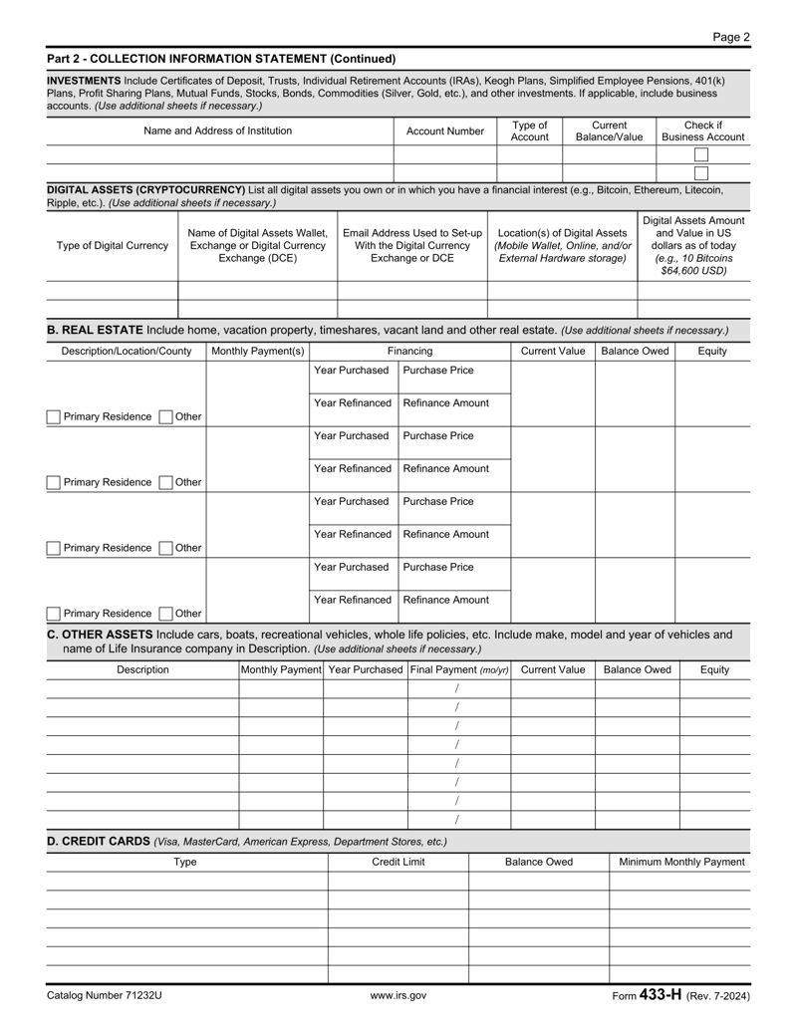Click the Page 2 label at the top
pyautogui.click(x=731, y=37)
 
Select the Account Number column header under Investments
pyautogui.click(x=444, y=130)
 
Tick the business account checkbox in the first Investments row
pyautogui.click(x=701, y=154)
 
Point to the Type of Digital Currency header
pyautogui.click(x=113, y=246)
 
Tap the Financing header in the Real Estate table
pyautogui.click(x=410, y=352)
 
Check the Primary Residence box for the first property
pyautogui.click(x=54, y=416)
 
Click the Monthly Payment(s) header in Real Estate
pyautogui.click(x=258, y=352)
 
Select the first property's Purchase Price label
pyautogui.click(x=437, y=371)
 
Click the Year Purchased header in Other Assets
pyautogui.click(x=365, y=670)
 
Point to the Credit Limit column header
pyautogui.click(x=398, y=862)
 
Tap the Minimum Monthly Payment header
pyautogui.click(x=681, y=862)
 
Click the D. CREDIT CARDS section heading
pyautogui.click(x=99, y=842)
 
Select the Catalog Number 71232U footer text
pyautogui.click(x=104, y=995)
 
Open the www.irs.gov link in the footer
pyautogui.click(x=398, y=995)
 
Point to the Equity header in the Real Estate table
pyautogui.click(x=712, y=352)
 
